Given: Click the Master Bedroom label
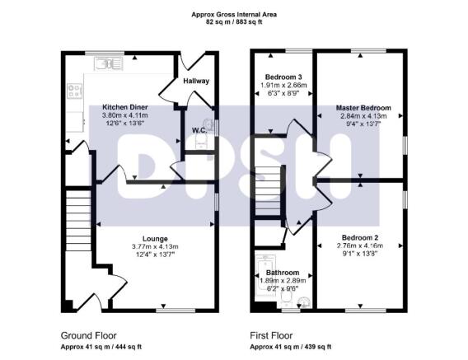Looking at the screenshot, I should (363, 108).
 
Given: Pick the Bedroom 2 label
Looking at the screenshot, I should (358, 238).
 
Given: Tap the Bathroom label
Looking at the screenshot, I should (283, 272).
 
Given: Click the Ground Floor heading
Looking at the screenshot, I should (89, 335).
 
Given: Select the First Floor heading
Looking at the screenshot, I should (273, 335).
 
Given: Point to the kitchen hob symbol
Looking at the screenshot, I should (73, 91).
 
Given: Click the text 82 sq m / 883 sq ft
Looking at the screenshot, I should (233, 23).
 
